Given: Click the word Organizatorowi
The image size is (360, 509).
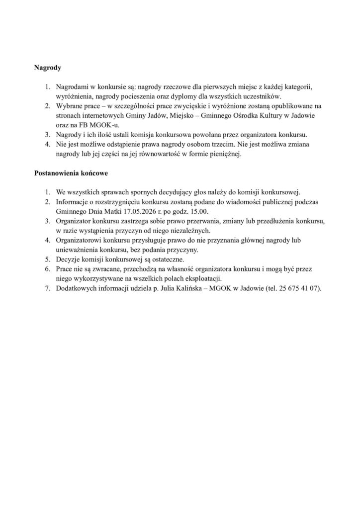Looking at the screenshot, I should pos(79,240).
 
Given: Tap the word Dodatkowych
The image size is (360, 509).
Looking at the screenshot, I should pos(76,288).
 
